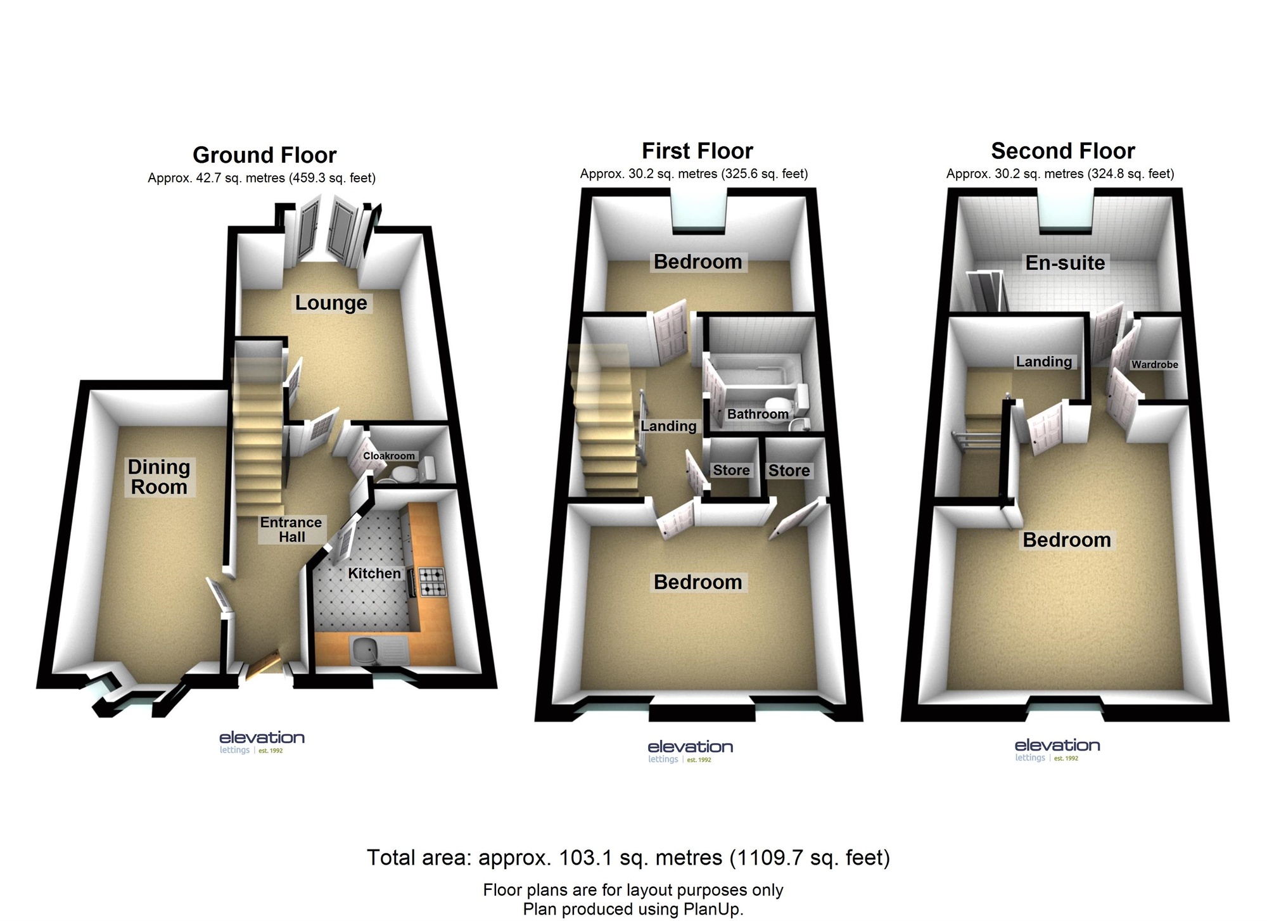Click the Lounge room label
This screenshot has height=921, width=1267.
331,303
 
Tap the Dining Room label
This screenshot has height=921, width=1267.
159,477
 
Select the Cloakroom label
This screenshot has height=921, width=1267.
389,456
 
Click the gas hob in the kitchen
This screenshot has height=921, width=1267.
433,582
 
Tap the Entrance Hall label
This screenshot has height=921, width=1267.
291,530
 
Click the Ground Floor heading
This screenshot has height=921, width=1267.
265,155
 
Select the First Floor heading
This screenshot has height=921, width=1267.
697,151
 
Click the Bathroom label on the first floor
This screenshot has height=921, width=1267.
758,414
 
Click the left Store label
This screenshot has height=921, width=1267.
731,470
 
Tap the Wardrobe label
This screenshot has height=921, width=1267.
1155,364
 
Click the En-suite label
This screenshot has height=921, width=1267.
1065,263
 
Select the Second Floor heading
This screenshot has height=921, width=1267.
1063,151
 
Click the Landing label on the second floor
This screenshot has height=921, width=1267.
1044,362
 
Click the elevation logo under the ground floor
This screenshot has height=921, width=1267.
262,742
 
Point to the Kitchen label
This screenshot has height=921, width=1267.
374,573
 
